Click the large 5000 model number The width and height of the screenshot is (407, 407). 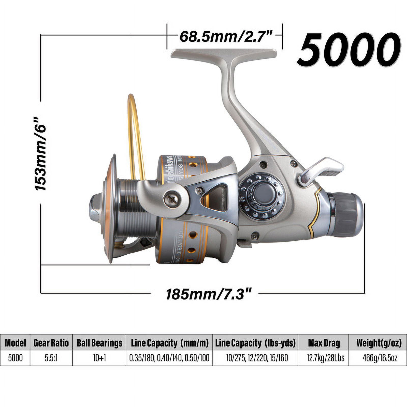click(349, 50)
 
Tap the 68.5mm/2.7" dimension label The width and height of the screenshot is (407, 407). click(226, 37)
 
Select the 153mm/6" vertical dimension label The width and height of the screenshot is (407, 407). click(40, 154)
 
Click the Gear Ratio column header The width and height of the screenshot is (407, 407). click(51, 343)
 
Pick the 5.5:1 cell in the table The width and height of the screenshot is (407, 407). click(51, 358)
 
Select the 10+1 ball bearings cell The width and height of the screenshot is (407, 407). click(99, 358)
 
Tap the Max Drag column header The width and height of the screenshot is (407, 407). click(324, 343)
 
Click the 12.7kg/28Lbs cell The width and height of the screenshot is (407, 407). click(325, 358)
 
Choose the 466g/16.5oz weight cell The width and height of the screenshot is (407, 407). click(380, 358)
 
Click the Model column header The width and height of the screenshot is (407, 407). click(15, 343)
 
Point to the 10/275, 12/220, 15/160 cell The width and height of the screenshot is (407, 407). click(257, 358)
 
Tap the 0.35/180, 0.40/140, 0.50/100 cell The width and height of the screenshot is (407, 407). click(169, 358)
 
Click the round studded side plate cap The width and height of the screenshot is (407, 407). click(262, 196)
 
